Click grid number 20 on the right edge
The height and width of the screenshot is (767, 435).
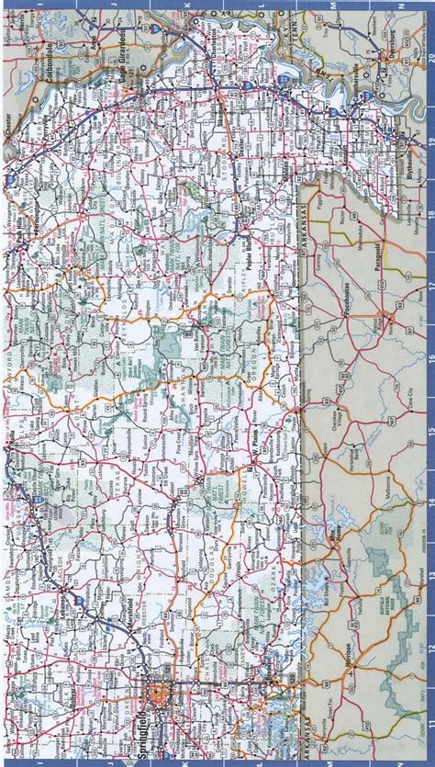tap(429, 57)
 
